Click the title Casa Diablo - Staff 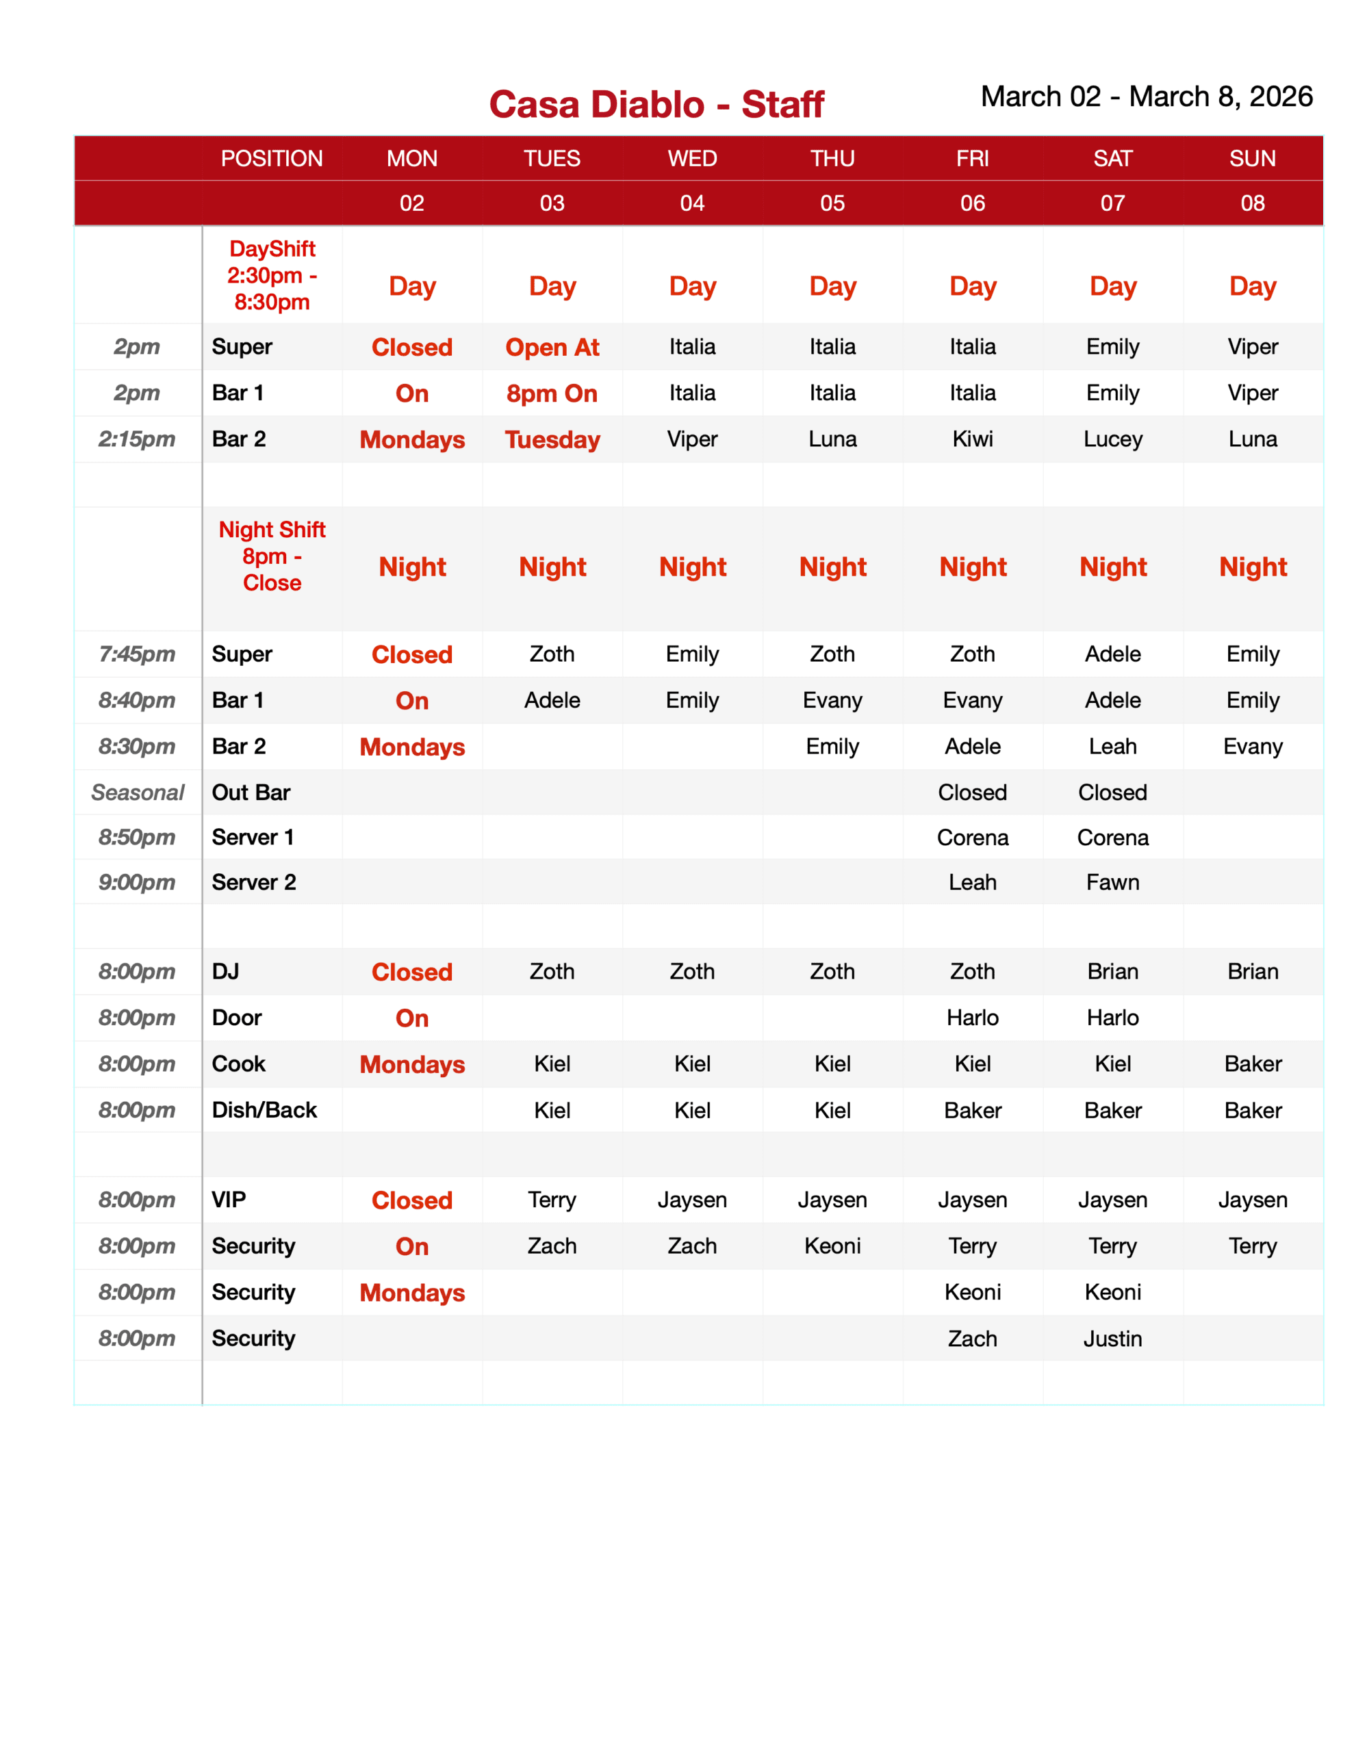[x=656, y=104]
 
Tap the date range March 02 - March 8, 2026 [x=1145, y=96]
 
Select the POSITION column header [x=271, y=158]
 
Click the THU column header [x=832, y=158]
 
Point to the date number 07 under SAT [x=1112, y=203]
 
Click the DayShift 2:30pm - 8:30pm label [x=271, y=275]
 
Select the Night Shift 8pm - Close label [x=271, y=556]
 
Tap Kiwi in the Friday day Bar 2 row [x=972, y=439]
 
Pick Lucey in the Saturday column [x=1112, y=439]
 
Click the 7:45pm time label [x=136, y=654]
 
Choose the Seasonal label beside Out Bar [x=137, y=793]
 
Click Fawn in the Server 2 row [x=1112, y=882]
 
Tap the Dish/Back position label [x=264, y=1110]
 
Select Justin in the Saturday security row [x=1112, y=1339]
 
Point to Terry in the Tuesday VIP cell [x=552, y=1200]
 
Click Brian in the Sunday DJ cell [x=1252, y=971]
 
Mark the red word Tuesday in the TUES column [x=552, y=439]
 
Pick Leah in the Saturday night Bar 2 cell [x=1112, y=746]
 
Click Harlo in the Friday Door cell [x=972, y=1018]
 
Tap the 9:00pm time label [x=136, y=882]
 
